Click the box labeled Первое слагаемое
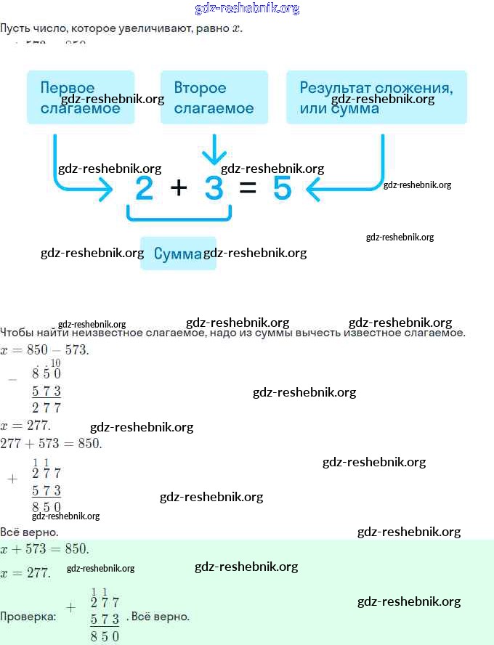[80, 97]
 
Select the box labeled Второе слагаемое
[214, 97]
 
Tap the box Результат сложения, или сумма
[376, 97]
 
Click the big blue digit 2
[145, 189]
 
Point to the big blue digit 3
[214, 189]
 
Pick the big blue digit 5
[282, 189]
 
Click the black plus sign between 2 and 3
[179, 188]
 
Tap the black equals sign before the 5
[248, 189]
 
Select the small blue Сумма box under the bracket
[178, 253]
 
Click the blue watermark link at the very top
[247, 9]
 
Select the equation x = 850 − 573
[44, 349]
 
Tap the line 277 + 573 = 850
[51, 443]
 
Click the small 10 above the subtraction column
[56, 363]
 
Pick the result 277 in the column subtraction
[46, 407]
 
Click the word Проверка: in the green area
[28, 617]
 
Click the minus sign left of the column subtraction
[12, 380]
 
